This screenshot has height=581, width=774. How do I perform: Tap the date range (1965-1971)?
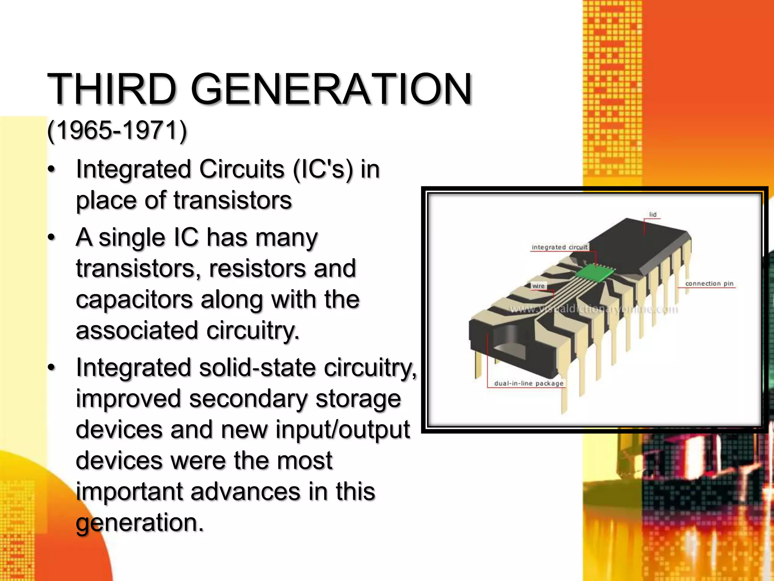click(117, 130)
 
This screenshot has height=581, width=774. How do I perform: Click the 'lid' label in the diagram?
click(653, 214)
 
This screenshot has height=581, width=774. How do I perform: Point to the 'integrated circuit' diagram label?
click(560, 247)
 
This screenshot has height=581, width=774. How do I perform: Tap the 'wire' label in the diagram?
click(538, 286)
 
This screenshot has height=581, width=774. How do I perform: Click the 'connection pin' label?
click(709, 284)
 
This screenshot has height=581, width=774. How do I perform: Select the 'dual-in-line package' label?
click(528, 384)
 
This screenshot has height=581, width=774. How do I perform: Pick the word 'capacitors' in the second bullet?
click(134, 300)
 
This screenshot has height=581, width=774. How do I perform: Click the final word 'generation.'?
click(140, 523)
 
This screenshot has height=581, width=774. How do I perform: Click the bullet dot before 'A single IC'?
click(52, 238)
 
